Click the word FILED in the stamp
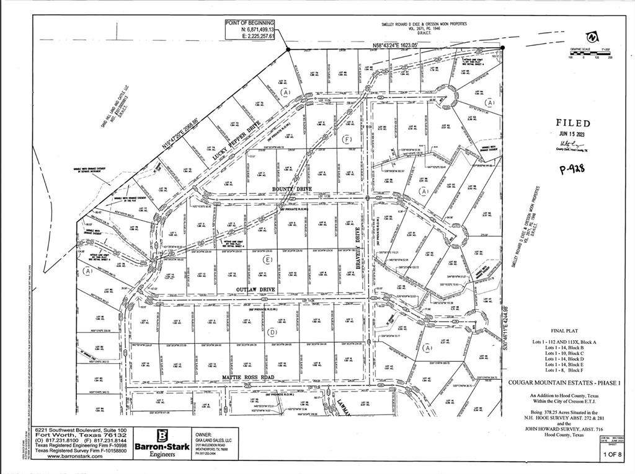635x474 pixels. (572, 123)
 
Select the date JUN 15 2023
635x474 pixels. (571, 134)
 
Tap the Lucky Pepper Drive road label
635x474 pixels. (235, 142)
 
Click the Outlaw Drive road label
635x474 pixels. (256, 289)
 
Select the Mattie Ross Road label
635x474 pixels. (247, 377)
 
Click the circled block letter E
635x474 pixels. (268, 259)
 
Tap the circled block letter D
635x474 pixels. (272, 332)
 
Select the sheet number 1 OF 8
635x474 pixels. (612, 454)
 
